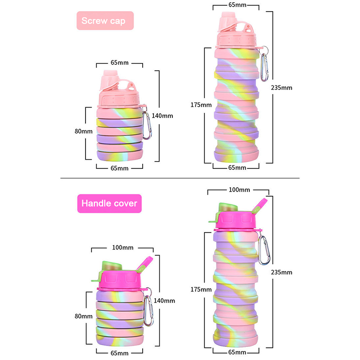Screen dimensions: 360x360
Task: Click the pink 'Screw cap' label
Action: (x=105, y=21)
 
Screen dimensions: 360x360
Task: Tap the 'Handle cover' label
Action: (x=109, y=203)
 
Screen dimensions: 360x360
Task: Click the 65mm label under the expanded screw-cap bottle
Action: (x=237, y=168)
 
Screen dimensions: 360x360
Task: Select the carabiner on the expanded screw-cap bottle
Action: (x=267, y=63)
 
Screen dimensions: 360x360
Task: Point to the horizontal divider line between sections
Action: (x=180, y=178)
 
